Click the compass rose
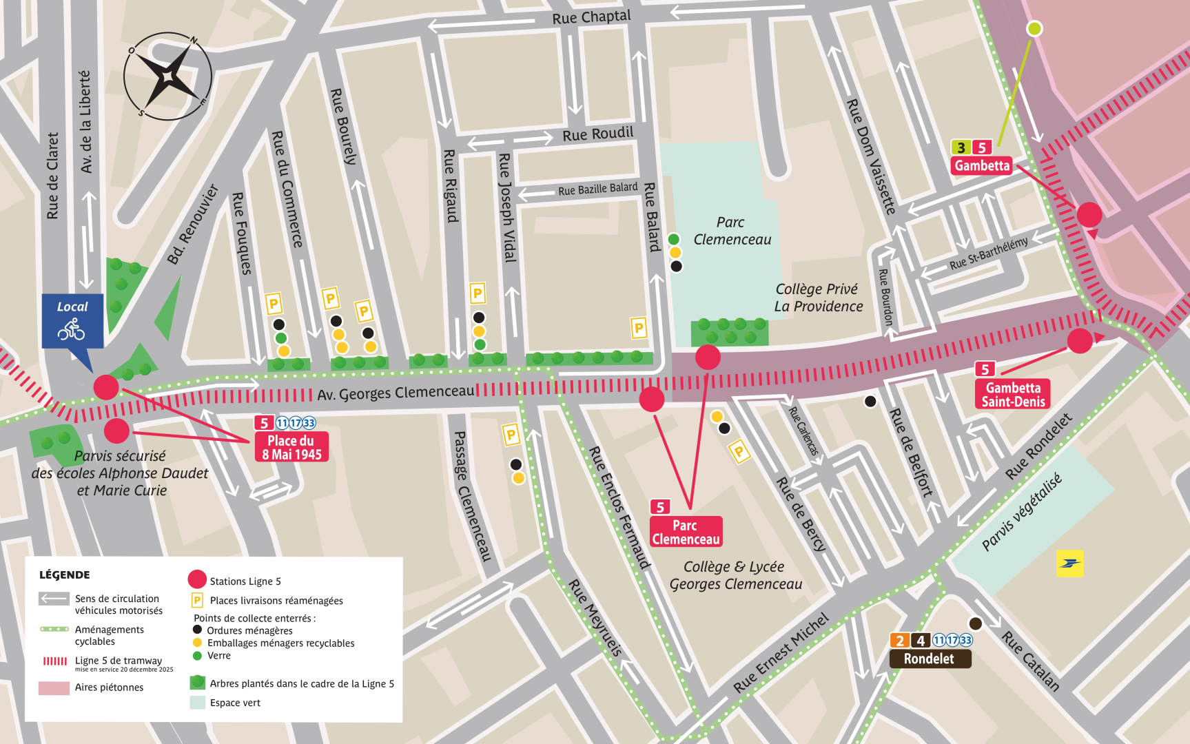coord(167,76)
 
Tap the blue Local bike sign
coord(72,321)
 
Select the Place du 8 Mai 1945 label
coord(291,447)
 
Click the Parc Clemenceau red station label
coord(686,532)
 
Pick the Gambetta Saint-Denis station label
coord(1013,394)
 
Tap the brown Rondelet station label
coord(929,659)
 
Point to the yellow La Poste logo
coord(1069,564)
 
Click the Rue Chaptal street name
coord(591,17)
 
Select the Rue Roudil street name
coord(597,134)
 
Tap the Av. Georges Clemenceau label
coord(396,393)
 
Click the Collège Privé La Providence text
coord(818,298)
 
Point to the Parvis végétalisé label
coord(1021,512)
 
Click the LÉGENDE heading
coord(64,575)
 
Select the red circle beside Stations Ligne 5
coord(197,580)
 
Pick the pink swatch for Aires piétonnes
coord(54,688)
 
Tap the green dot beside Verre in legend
coord(197,656)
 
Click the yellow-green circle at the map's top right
coord(1034,28)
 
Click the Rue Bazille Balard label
coord(597,189)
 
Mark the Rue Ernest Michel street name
coord(781,652)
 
